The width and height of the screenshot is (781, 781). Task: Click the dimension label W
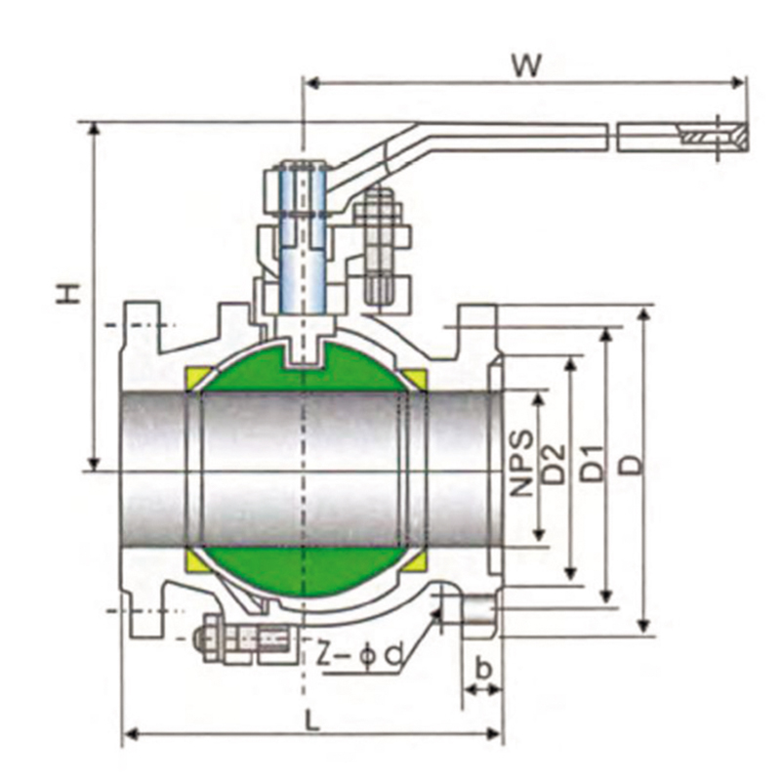click(526, 65)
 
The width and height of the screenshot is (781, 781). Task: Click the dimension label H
click(68, 294)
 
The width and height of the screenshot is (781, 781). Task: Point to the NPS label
click(522, 463)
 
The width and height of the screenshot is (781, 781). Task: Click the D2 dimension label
click(554, 463)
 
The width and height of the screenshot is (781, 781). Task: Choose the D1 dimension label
click(593, 463)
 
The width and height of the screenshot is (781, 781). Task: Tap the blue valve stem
click(303, 240)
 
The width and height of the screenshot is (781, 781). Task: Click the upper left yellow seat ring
click(194, 379)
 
